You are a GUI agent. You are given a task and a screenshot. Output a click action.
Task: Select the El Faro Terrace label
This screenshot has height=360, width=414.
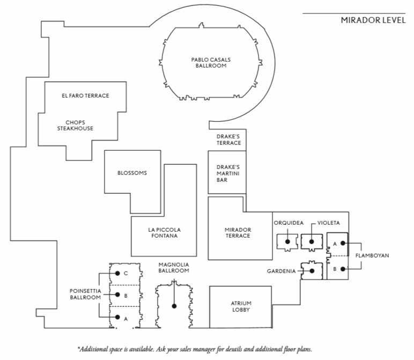tap(85, 95)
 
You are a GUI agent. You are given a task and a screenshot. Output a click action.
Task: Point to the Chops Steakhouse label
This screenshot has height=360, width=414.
tap(76, 126)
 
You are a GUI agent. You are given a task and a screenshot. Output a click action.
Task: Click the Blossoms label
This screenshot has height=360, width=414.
tap(132, 173)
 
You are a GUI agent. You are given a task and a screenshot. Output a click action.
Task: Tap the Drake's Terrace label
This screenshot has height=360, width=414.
tap(228, 140)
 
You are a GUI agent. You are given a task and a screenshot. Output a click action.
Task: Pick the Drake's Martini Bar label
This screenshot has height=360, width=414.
tap(228, 173)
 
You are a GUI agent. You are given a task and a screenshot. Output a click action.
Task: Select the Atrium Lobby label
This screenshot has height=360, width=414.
tap(241, 307)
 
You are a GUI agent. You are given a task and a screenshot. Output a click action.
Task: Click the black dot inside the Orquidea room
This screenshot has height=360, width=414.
tap(288, 241)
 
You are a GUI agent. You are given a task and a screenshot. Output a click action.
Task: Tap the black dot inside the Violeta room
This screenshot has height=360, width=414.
tap(310, 241)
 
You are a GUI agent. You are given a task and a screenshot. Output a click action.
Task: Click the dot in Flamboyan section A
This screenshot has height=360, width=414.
tap(342, 244)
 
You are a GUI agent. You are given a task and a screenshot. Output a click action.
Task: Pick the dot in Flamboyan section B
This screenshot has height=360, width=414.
tap(342, 269)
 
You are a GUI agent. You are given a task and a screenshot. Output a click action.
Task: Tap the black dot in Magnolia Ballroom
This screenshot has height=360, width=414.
tap(174, 306)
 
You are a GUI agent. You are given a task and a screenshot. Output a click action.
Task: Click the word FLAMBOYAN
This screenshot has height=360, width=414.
tap(372, 256)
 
